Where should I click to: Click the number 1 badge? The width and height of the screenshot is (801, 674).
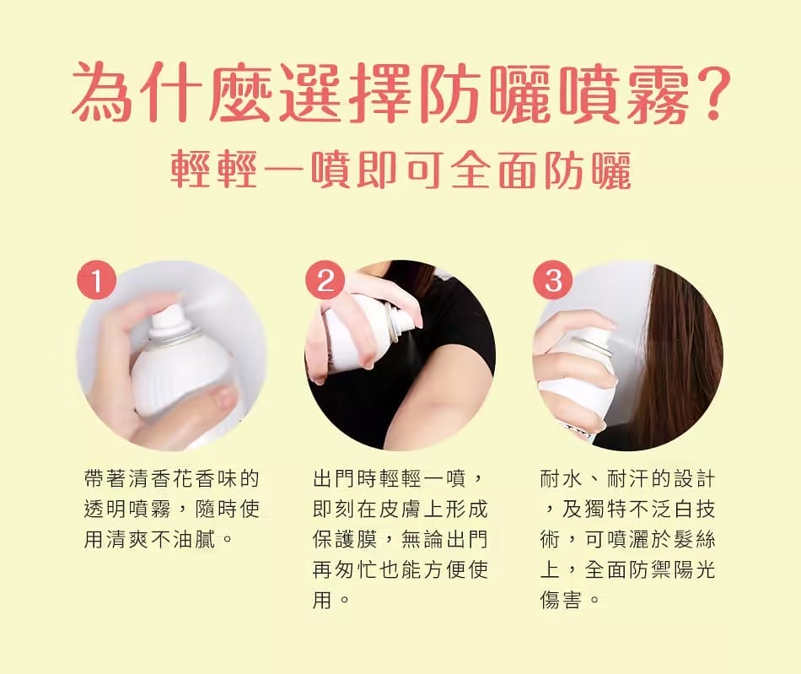pos(97,280)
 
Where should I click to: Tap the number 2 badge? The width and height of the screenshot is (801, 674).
pos(325,280)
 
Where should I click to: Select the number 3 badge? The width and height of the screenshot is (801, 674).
pos(553,280)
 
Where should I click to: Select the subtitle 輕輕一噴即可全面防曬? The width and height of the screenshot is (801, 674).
pos(400,171)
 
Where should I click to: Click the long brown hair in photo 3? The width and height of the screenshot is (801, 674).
pos(675,354)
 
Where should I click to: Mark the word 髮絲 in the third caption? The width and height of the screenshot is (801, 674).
pos(693,538)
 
